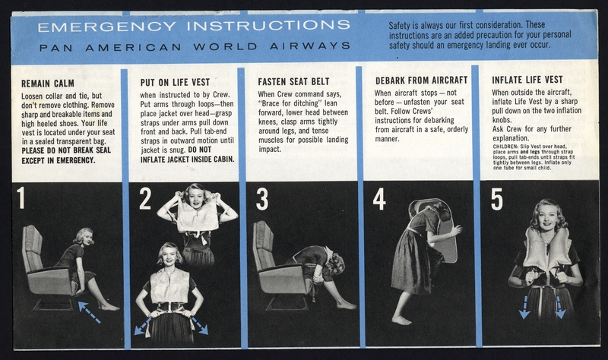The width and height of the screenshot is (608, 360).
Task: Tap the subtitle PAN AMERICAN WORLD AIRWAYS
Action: point(194,46)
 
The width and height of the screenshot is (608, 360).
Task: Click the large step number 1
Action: point(21,198)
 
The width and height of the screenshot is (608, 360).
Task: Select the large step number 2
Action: point(145,198)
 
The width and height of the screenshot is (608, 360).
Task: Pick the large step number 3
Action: point(262,198)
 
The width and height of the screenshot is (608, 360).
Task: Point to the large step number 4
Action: point(379,198)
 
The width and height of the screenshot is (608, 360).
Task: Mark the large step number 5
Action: point(497,198)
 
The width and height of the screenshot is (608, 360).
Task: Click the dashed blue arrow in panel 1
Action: point(90,311)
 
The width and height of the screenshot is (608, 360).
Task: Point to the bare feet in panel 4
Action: point(403,320)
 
